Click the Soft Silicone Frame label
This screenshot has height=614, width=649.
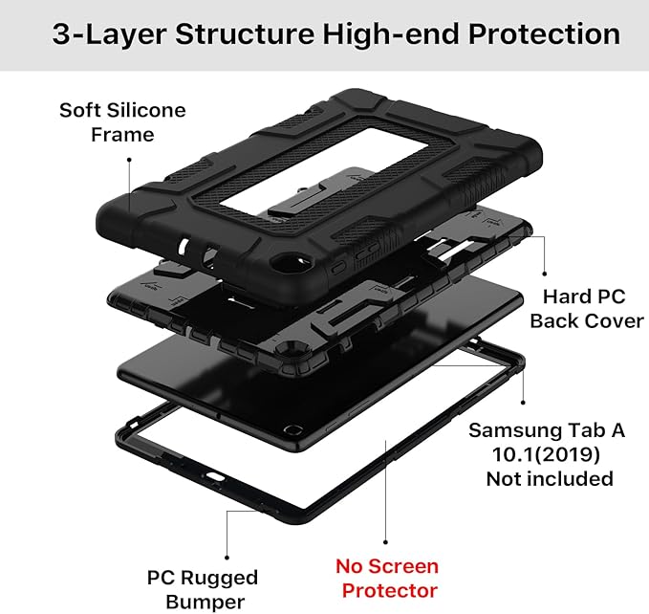pyautogui.click(x=122, y=122)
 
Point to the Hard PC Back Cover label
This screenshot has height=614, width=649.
pyautogui.click(x=587, y=309)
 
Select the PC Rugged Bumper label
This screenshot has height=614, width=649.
pyautogui.click(x=202, y=589)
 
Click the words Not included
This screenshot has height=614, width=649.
pyautogui.click(x=550, y=477)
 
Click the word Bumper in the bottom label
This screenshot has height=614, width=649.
pyautogui.click(x=202, y=602)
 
